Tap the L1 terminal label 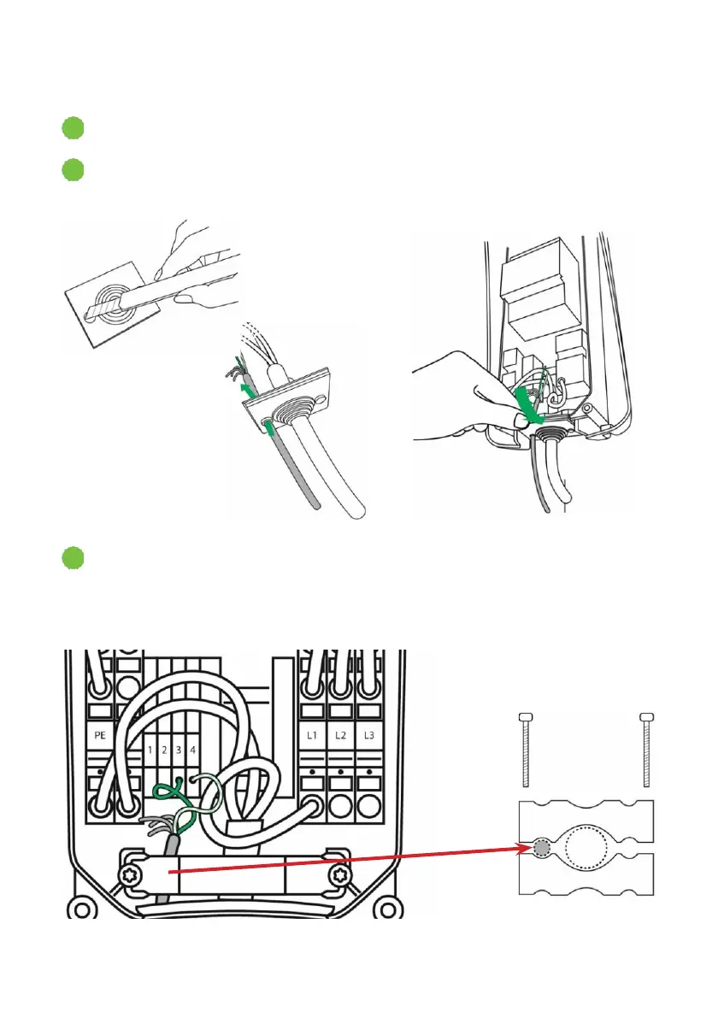(x=312, y=734)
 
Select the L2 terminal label (x=340, y=734)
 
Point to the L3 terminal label (x=369, y=734)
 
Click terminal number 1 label (x=150, y=750)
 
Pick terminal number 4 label (x=192, y=750)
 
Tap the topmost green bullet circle (x=73, y=129)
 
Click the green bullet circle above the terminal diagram (x=73, y=560)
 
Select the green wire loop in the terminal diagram (x=184, y=799)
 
